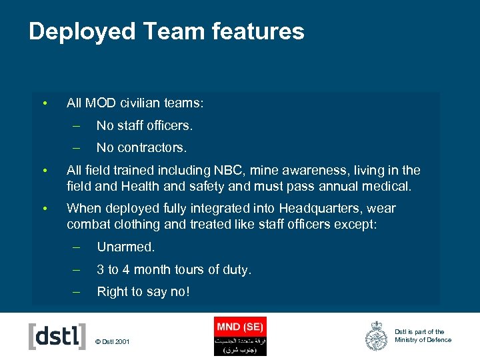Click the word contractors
(154, 147)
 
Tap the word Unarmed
(125, 247)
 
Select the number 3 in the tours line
(101, 270)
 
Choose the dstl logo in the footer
(57, 336)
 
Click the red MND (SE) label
(240, 327)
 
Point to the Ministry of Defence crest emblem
(376, 336)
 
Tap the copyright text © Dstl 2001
(113, 342)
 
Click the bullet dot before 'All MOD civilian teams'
(43, 103)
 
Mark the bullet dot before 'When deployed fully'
(43, 209)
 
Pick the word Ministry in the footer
(406, 340)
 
